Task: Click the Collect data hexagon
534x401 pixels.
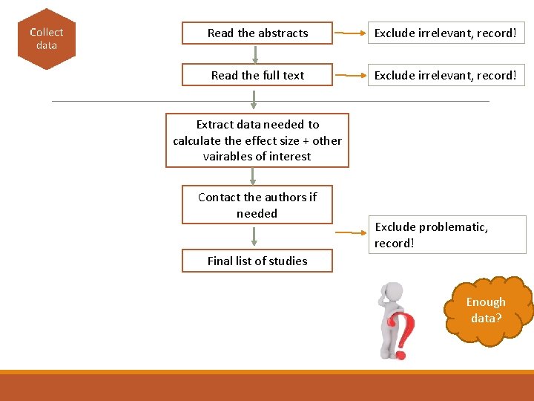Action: pyautogui.click(x=46, y=39)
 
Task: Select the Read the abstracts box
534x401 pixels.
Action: pyautogui.click(x=257, y=33)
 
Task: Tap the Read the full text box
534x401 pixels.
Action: pyautogui.click(x=257, y=75)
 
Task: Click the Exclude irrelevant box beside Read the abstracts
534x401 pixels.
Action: pyautogui.click(x=444, y=33)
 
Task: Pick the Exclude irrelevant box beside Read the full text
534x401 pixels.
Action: pyautogui.click(x=444, y=75)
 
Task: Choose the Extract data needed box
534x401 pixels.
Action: pyautogui.click(x=257, y=140)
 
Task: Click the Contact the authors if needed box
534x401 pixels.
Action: pyautogui.click(x=257, y=205)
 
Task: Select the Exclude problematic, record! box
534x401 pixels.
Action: pyautogui.click(x=446, y=235)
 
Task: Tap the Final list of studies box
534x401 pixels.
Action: pyautogui.click(x=257, y=261)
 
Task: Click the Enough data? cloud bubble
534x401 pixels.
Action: pyautogui.click(x=487, y=310)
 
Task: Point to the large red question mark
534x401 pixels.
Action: pyautogui.click(x=403, y=334)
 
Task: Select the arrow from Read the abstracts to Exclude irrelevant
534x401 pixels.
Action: pyautogui.click(x=350, y=33)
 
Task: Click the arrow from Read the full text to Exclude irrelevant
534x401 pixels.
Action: pyautogui.click(x=350, y=75)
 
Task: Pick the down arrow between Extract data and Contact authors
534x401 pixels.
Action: pyautogui.click(x=253, y=176)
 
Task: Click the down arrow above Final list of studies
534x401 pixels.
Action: pyautogui.click(x=254, y=236)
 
